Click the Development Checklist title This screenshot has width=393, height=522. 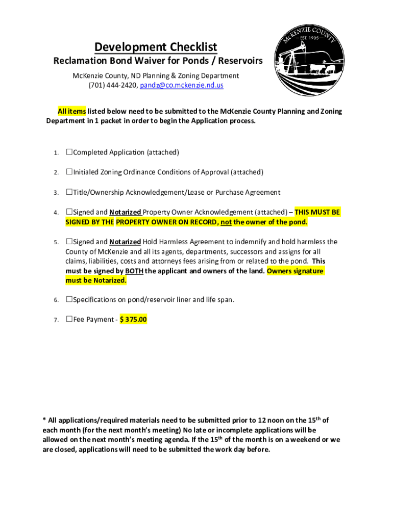point(156,47)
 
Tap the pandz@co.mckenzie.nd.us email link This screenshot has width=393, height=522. point(182,86)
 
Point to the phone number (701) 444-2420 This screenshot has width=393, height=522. point(113,86)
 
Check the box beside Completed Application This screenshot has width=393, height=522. point(69,152)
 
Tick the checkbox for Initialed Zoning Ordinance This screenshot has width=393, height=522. point(69,172)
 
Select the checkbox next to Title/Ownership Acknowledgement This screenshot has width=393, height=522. point(69,192)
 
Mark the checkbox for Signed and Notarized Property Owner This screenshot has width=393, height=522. point(69,212)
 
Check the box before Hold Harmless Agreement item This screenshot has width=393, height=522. point(69,242)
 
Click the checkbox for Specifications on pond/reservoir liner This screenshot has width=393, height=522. point(69,300)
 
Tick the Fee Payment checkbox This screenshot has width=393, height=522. point(69,320)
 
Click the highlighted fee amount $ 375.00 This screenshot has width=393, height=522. point(133,320)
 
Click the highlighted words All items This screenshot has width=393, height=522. point(71,111)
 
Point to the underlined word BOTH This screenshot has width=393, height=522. point(134,271)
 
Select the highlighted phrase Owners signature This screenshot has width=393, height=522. point(295,271)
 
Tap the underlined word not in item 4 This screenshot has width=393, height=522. point(226,222)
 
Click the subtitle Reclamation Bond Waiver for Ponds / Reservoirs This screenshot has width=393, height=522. point(158,61)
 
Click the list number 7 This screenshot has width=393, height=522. point(56,320)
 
